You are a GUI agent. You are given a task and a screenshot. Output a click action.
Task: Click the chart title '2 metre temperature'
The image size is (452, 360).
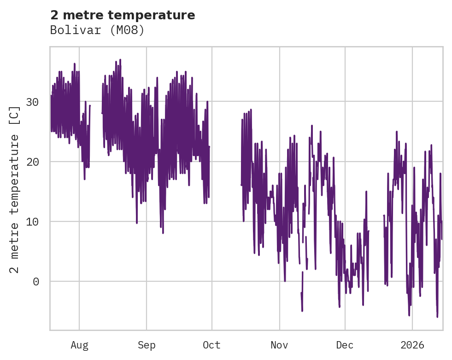[x=123, y=15]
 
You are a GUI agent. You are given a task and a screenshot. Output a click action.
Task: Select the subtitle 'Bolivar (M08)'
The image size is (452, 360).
[x=97, y=30]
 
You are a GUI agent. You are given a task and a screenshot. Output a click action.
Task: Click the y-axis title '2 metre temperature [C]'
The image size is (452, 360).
[x=15, y=189]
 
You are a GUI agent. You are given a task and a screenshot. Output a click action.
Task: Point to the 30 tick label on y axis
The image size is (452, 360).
[x=32, y=102]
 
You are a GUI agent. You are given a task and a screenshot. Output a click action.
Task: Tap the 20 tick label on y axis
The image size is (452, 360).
[x=32, y=162]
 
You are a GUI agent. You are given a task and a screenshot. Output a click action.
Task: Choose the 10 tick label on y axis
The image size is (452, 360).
[x=32, y=221]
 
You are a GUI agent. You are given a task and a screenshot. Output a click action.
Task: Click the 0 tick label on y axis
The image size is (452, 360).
[x=36, y=281]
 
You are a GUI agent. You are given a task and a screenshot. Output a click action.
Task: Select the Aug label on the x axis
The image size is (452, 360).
[x=79, y=345]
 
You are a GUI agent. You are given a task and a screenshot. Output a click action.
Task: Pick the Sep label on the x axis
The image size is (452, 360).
[x=147, y=345]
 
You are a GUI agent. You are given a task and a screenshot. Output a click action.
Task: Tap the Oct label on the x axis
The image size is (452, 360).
[x=212, y=345]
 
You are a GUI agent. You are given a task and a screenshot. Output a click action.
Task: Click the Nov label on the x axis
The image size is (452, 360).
[x=279, y=345]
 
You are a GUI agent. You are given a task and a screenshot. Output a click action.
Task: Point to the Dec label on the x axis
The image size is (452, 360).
[x=345, y=345]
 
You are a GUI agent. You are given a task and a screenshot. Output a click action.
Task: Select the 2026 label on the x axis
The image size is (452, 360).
[x=412, y=345]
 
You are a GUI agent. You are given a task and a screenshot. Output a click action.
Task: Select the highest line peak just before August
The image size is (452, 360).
[x=74, y=64]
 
